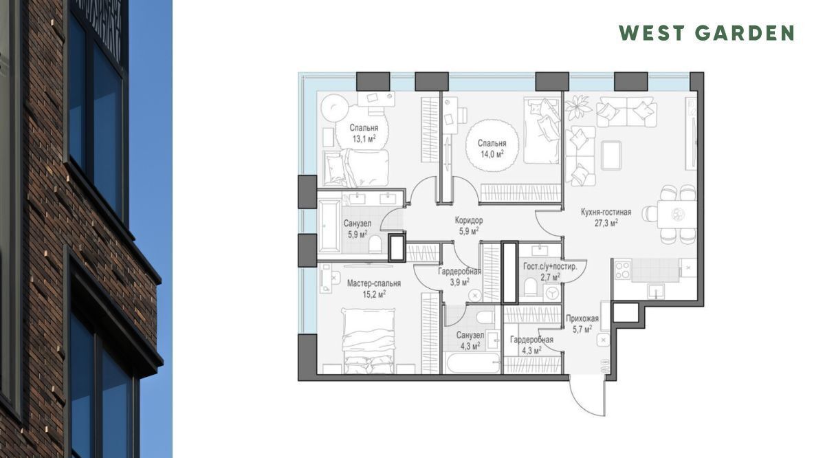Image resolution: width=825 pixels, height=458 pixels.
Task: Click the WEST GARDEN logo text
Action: (707, 33)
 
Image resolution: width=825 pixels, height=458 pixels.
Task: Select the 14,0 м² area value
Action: (492, 154)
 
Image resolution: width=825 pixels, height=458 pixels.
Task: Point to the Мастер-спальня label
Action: (374, 283)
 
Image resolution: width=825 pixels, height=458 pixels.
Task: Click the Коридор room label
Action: (468, 220)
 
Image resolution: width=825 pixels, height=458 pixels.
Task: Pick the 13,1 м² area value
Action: (364, 138)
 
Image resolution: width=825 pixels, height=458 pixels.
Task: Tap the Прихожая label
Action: (582, 318)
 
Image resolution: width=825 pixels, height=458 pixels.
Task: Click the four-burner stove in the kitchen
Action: (622, 270)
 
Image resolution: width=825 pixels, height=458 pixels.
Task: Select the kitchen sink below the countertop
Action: (657, 291)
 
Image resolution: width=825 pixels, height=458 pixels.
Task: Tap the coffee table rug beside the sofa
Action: (611, 155)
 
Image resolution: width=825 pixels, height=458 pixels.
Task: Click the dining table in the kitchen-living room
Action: (676, 214)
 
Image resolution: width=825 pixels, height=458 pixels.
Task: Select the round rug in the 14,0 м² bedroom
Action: (492, 146)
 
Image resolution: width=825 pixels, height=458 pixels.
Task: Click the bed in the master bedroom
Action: (369, 341)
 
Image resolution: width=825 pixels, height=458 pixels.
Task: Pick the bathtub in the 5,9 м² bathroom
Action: (329, 226)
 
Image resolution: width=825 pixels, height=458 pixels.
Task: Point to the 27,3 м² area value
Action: (606, 223)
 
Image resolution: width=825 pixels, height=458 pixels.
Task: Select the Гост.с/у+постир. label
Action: (550, 266)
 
